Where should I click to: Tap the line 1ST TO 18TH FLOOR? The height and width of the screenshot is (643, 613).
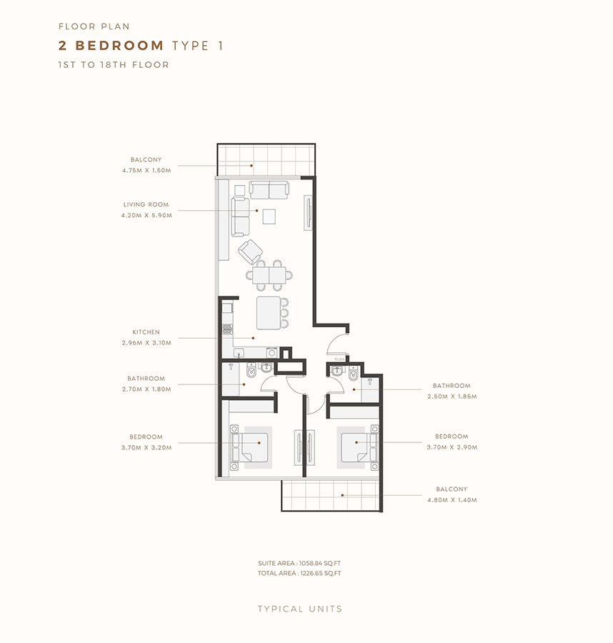click(x=114, y=65)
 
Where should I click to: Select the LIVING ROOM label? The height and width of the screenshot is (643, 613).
click(x=146, y=204)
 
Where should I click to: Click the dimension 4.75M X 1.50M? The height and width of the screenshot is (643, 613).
click(x=146, y=170)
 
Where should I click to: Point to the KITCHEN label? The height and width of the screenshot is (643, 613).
click(x=146, y=332)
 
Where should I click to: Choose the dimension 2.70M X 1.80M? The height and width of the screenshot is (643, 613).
click(x=146, y=389)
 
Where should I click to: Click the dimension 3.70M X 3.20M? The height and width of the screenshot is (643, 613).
click(x=146, y=447)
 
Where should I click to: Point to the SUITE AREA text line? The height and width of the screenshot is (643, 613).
click(x=299, y=564)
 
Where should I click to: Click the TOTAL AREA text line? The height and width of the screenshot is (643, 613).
click(x=299, y=573)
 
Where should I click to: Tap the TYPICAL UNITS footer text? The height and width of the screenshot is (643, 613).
click(x=300, y=609)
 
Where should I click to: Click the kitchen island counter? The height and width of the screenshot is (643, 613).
click(x=269, y=312)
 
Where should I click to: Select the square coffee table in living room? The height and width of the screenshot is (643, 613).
click(x=269, y=216)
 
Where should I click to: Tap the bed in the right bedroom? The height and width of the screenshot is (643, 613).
click(x=354, y=446)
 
